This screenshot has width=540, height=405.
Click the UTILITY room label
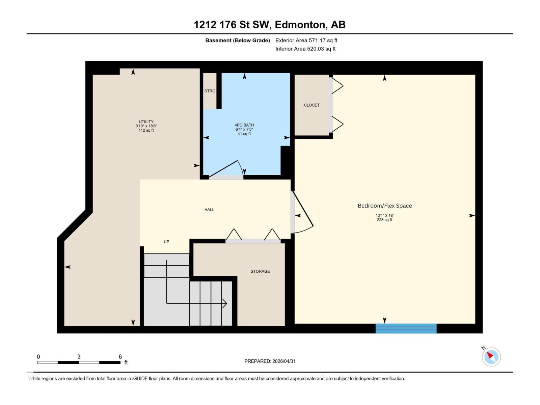tap(146, 122)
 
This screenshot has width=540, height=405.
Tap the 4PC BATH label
tap(244, 125)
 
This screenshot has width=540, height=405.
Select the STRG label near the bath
tap(210, 91)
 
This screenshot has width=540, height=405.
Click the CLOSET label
tap(312, 105)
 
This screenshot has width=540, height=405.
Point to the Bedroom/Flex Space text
tap(385, 206)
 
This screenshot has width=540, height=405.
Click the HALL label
tap(209, 210)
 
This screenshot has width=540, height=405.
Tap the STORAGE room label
tap(260, 271)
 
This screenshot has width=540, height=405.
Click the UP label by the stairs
tap(166, 242)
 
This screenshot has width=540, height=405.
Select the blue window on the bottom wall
tap(406, 328)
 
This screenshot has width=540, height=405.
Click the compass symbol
tap(491, 357)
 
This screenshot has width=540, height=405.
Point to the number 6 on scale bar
tap(120, 357)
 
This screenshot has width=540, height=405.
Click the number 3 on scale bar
tap(79, 357)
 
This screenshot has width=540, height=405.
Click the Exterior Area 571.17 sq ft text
tap(306, 40)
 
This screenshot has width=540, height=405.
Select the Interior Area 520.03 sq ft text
tap(305, 49)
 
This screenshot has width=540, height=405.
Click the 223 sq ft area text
tap(384, 220)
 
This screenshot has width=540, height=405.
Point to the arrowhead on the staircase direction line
tap(225, 303)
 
